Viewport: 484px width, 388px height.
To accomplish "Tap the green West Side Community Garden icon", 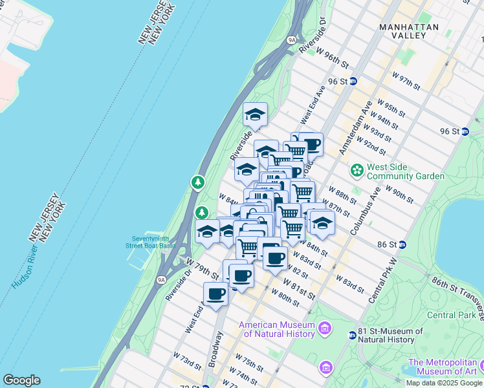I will [x=356, y=171].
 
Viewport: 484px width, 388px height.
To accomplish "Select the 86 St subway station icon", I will [x=402, y=244].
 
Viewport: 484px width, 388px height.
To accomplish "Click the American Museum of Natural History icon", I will [x=325, y=329].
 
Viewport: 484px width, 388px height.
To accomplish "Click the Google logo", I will [x=21, y=380].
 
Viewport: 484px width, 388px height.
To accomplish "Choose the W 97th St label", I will [x=406, y=81].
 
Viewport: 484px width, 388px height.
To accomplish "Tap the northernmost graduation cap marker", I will [x=255, y=114].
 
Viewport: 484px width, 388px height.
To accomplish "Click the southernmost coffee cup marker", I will [x=215, y=294].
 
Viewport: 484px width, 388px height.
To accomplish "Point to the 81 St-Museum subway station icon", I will [x=352, y=335].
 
